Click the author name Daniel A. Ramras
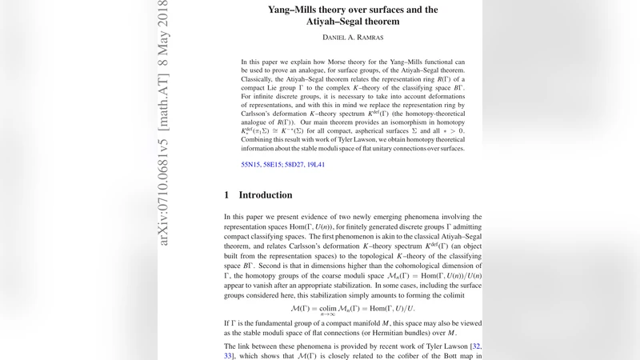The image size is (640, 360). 353,38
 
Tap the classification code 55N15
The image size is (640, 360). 252,165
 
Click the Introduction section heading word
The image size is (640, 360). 266,195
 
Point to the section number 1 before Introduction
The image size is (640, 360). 227,195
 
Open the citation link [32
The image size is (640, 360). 474,346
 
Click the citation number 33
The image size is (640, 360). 230,356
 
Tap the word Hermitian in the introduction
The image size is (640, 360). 398,333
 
